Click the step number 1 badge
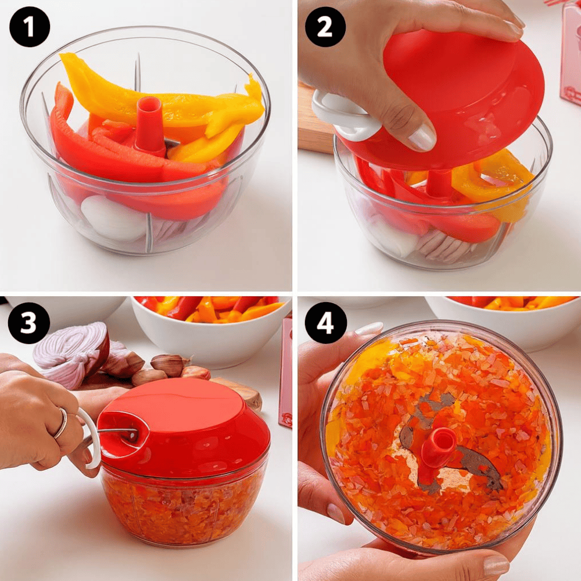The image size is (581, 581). pos(30,27)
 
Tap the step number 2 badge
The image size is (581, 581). pos(325,27)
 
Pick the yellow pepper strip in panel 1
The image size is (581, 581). pos(156,100)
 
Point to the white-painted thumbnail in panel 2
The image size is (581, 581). pos(422,138)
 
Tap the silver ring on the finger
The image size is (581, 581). pos(62,423)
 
